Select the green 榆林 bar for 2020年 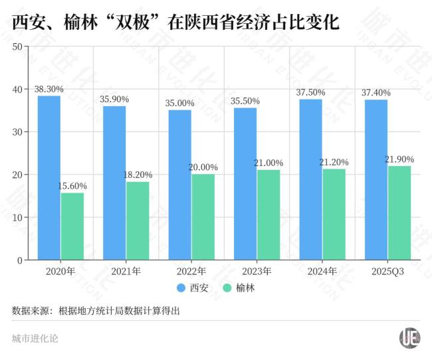pyautogui.click(x=72, y=226)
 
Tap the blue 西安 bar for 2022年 pyautogui.click(x=179, y=185)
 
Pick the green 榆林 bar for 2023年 pyautogui.click(x=269, y=215)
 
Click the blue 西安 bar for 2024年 pyautogui.click(x=311, y=179)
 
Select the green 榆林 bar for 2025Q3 pyautogui.click(x=399, y=213)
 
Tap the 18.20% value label pyautogui.click(x=138, y=174)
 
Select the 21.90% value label pyautogui.click(x=399, y=159)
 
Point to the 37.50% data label pyautogui.click(x=310, y=92)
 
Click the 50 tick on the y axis pyautogui.click(x=18, y=46)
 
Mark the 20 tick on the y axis pyautogui.click(x=18, y=175)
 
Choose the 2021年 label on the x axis pyautogui.click(x=126, y=271)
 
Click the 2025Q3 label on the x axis pyautogui.click(x=387, y=271)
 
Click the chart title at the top pyautogui.click(x=175, y=24)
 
